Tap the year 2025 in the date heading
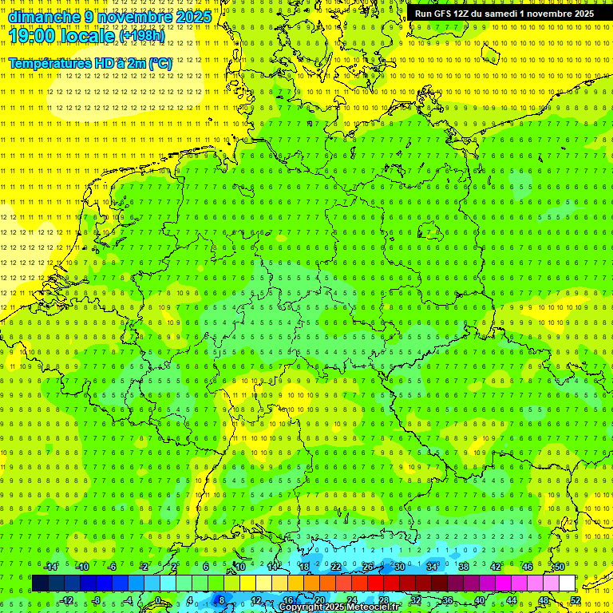[x=192, y=17]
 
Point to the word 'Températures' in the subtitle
[x=50, y=63]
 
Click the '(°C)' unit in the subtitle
[x=159, y=63]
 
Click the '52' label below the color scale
[x=575, y=600]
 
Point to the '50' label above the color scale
[x=560, y=567]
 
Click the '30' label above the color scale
[x=399, y=567]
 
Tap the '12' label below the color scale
[x=256, y=600]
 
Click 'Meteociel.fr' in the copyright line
[x=371, y=607]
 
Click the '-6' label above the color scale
[x=113, y=567]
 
